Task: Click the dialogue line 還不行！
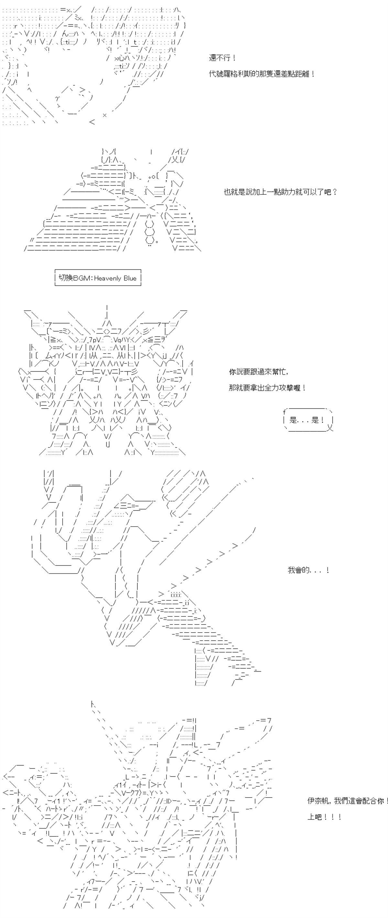[222, 58]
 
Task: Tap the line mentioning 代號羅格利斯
[262, 74]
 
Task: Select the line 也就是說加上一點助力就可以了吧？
[280, 192]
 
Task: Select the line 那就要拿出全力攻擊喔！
[267, 388]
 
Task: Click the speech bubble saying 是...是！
[307, 420]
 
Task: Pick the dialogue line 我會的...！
[308, 571]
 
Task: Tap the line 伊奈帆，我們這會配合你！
[347, 801]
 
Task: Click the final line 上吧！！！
[324, 817]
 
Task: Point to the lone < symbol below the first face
[92, 122]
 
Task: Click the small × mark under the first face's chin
[104, 115]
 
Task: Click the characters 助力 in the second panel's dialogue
[289, 192]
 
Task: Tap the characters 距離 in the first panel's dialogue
[302, 74]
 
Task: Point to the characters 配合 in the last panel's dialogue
[369, 801]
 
